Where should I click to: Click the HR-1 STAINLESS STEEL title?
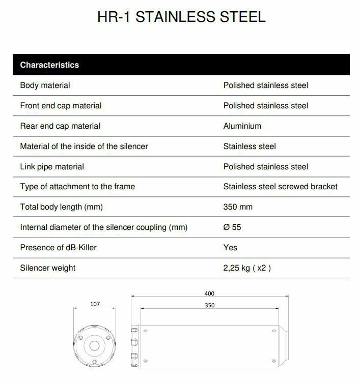point(181,17)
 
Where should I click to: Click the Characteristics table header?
point(49,65)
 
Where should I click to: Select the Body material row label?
point(45,85)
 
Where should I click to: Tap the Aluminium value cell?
point(242,126)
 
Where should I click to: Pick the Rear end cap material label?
point(60,126)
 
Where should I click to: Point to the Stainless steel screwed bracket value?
point(280,187)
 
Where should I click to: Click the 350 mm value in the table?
point(238,207)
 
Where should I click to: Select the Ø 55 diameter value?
point(232,227)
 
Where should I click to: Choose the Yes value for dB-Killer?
point(230,248)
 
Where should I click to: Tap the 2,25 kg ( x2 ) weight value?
point(247,268)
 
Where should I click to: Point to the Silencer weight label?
point(47,268)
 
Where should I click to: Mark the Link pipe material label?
point(52,167)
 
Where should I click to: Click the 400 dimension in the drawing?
point(209,293)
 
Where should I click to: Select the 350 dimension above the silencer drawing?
point(209,305)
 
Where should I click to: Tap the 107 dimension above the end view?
point(95,304)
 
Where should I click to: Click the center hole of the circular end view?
point(95,346)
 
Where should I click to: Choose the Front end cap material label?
point(61,106)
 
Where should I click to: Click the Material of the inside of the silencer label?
point(84,146)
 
